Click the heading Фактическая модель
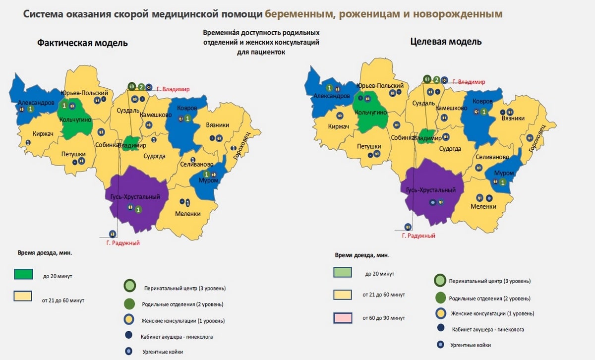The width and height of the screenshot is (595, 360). click(x=82, y=43)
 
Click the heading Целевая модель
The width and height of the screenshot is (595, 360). click(x=446, y=42)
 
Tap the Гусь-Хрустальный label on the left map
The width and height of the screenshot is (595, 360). click(x=132, y=197)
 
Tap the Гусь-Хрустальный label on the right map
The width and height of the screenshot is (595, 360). click(x=430, y=190)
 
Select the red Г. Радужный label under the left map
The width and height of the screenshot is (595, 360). click(x=123, y=243)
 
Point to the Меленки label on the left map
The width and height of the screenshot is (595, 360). click(x=187, y=214)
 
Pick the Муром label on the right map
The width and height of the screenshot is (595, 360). click(x=504, y=173)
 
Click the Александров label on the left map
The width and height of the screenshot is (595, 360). click(x=36, y=103)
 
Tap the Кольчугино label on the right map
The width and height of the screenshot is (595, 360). click(x=371, y=113)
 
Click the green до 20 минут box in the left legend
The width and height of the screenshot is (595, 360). click(x=23, y=275)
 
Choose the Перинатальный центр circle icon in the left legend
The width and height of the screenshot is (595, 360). click(x=129, y=287)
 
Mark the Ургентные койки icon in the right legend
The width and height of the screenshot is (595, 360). click(x=440, y=345)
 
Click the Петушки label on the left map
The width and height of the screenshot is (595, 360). click(x=73, y=154)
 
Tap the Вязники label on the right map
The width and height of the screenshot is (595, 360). click(x=513, y=119)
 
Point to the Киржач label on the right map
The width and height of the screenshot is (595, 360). click(x=339, y=126)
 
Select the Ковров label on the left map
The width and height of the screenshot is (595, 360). click(x=186, y=108)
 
